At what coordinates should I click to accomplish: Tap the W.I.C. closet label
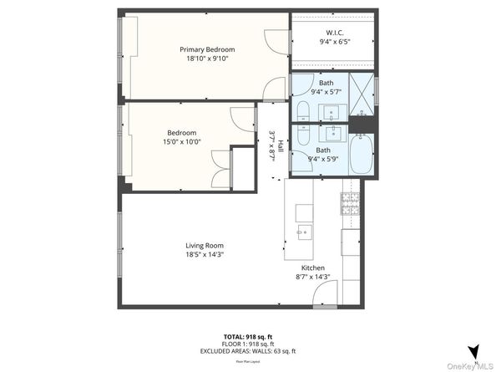tap(332, 31)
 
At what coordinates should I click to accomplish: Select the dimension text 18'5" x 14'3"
tap(205, 255)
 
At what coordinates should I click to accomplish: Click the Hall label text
tap(281, 145)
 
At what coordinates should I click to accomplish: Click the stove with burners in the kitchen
tap(350, 201)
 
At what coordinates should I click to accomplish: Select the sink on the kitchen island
tap(304, 231)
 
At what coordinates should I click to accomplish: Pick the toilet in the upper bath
tap(301, 110)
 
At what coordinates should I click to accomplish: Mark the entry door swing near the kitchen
tap(326, 292)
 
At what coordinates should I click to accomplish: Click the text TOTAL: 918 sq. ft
tap(247, 336)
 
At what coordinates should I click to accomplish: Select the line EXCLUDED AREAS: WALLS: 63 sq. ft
tap(247, 350)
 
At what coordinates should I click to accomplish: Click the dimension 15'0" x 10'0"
tap(181, 142)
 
